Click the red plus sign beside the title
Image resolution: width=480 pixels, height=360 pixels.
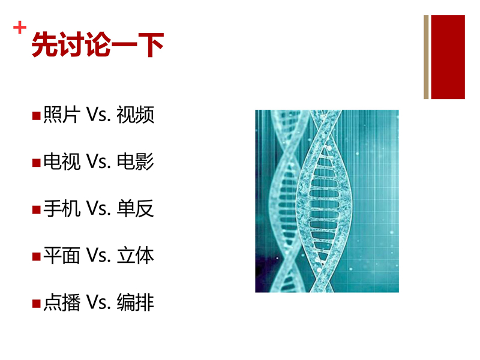20,28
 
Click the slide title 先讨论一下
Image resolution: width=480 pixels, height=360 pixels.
98,44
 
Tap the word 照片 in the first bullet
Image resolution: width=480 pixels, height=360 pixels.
62,115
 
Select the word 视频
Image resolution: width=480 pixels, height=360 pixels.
136,115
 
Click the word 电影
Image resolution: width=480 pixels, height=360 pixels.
136,161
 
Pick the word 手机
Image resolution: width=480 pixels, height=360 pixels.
62,208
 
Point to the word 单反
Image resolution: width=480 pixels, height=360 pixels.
136,208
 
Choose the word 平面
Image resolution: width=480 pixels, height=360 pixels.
62,256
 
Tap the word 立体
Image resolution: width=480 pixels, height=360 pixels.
136,256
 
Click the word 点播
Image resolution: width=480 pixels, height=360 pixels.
62,302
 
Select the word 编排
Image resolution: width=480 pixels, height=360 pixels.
136,302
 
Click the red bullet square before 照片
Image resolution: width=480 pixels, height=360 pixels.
37,116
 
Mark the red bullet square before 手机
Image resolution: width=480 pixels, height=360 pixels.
37,209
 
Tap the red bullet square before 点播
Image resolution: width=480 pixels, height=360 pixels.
37,304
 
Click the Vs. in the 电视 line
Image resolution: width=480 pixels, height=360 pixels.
98,161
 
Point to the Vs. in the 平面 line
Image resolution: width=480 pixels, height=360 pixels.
98,256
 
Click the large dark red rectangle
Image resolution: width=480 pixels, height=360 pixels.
448,57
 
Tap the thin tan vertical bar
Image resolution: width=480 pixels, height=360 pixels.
426,57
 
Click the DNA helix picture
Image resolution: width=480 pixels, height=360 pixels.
327,201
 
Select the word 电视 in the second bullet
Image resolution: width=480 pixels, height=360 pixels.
62,161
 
